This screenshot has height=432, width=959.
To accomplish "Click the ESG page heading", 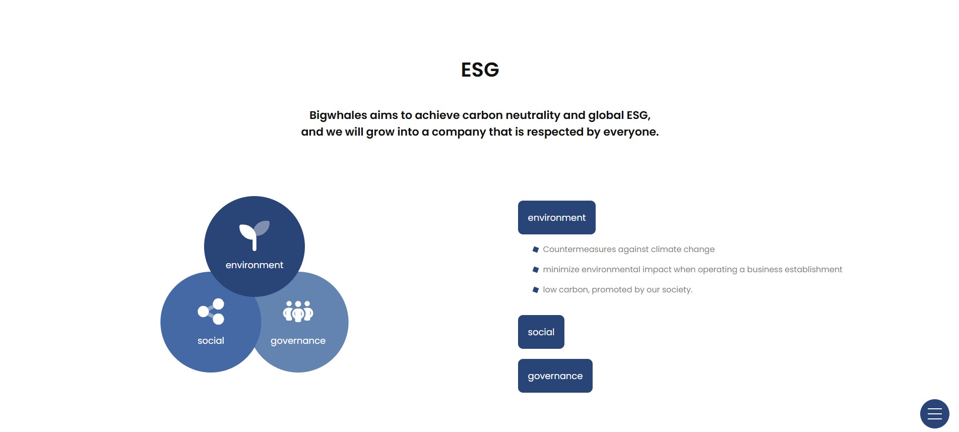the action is [480, 70].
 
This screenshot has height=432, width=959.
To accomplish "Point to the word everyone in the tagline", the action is [631, 132].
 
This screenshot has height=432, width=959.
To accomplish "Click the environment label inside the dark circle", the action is [254, 265].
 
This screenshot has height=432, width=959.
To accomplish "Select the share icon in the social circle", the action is [211, 312].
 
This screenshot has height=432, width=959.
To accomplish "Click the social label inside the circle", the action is [211, 341].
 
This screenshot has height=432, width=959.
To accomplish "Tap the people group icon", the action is [298, 312].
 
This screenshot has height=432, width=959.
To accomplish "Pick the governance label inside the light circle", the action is [298, 341].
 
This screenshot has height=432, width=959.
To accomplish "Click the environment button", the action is [557, 217].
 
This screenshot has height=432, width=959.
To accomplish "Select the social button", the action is [541, 332].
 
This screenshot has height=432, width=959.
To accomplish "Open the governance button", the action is [555, 376].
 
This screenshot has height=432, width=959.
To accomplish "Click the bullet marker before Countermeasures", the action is [536, 250].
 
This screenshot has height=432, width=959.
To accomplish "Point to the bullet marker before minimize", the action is [536, 270].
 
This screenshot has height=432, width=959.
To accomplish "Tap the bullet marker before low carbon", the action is [536, 290].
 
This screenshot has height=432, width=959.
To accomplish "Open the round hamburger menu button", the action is [935, 414].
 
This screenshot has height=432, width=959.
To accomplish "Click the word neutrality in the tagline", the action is [533, 115].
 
